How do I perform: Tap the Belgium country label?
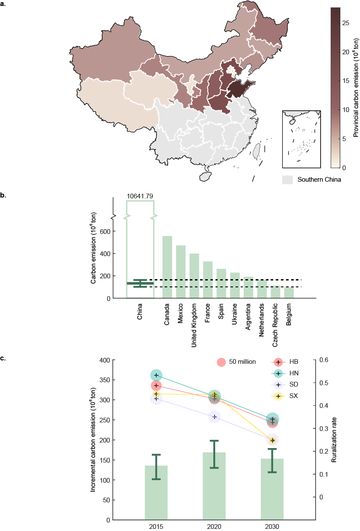click(x=289, y=315)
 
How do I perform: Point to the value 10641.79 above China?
click(x=140, y=196)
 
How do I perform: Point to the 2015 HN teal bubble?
click(x=156, y=375)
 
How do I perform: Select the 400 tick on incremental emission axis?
click(x=104, y=360)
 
